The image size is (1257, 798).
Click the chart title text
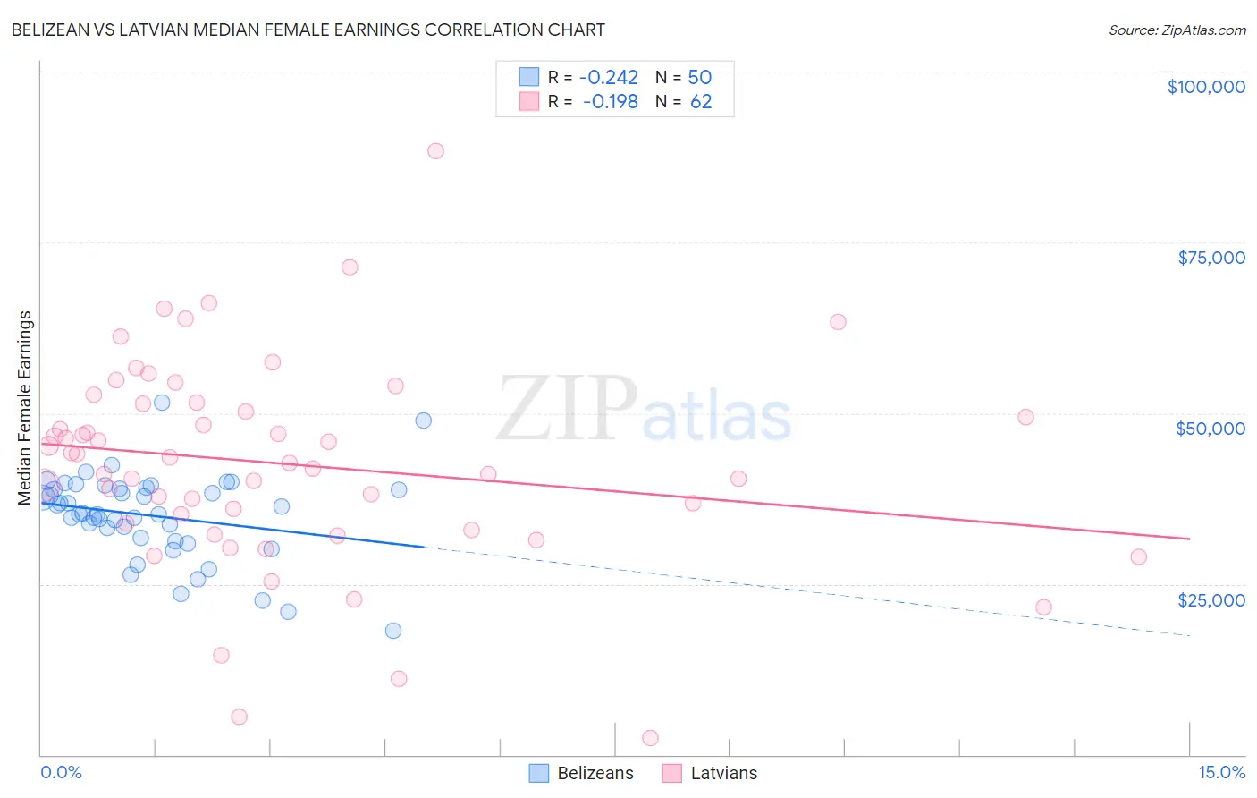pos(308,30)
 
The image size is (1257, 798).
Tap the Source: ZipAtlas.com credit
pos(1177,30)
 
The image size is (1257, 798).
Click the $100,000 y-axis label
pos(1206,87)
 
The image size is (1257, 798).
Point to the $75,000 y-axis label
pos(1211,258)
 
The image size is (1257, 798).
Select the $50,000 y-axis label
pos(1211,429)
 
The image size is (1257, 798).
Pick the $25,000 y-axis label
pos(1211,599)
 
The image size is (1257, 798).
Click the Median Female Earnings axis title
pos(25,408)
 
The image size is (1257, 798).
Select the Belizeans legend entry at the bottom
pos(581,773)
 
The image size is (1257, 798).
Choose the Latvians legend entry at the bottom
pos(710,773)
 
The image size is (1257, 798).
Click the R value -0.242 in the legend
pos(609,78)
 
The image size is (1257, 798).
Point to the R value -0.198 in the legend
pos(611,102)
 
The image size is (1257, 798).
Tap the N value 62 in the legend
pos(701,102)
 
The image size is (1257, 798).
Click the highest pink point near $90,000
pos(435,150)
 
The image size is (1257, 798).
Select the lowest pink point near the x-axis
pos(650,738)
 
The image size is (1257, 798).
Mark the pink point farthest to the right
pos(1138,556)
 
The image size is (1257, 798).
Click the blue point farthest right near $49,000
pos(424,420)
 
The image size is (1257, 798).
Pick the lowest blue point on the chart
pos(393,631)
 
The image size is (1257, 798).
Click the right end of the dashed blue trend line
pos(1189,635)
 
